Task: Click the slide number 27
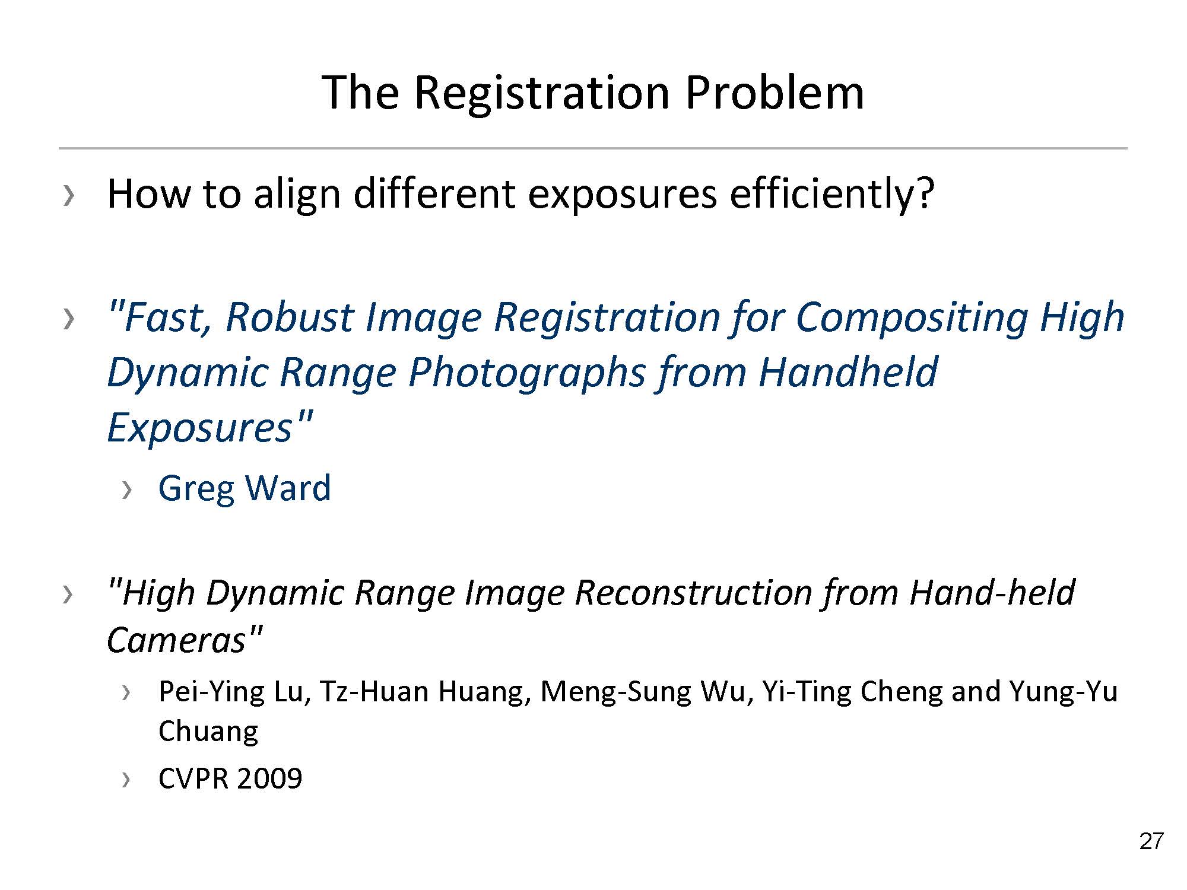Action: pyautogui.click(x=1151, y=841)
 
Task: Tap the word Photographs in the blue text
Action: pyautogui.click(x=526, y=373)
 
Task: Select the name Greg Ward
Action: pyautogui.click(x=245, y=488)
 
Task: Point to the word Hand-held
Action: pyautogui.click(x=991, y=592)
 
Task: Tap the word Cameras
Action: pyautogui.click(x=177, y=640)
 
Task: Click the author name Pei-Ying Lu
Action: pyautogui.click(x=234, y=692)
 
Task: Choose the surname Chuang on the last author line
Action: pyautogui.click(x=208, y=731)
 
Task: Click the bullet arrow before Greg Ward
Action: pyautogui.click(x=126, y=490)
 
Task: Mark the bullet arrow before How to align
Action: pyautogui.click(x=69, y=196)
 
